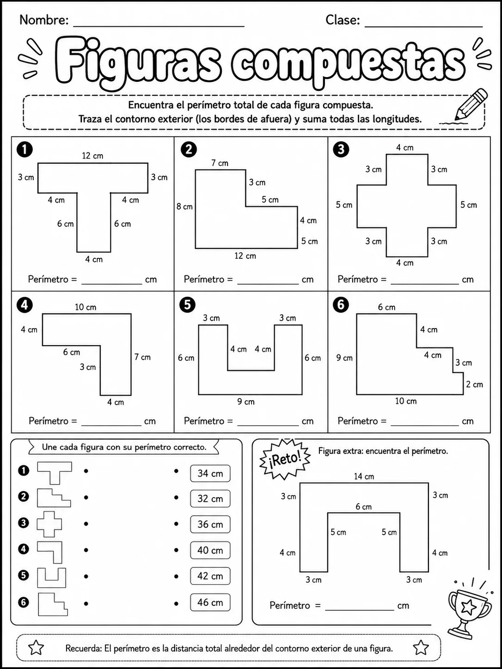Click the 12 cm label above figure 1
tap(92, 156)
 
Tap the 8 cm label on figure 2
tap(185, 207)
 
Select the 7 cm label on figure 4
tap(143, 357)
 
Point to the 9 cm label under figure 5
tap(246, 401)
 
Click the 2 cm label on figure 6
tap(475, 384)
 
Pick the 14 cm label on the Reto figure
tap(364, 476)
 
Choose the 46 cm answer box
tap(210, 602)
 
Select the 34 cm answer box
tap(210, 473)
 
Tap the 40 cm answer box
tap(210, 550)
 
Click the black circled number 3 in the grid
tap(341, 149)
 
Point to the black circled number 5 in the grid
tap(188, 304)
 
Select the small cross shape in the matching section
tap(49, 524)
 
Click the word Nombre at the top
tap(44, 20)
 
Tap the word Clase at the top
tap(343, 20)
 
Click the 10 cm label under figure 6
tap(406, 401)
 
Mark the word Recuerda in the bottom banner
tap(84, 649)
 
